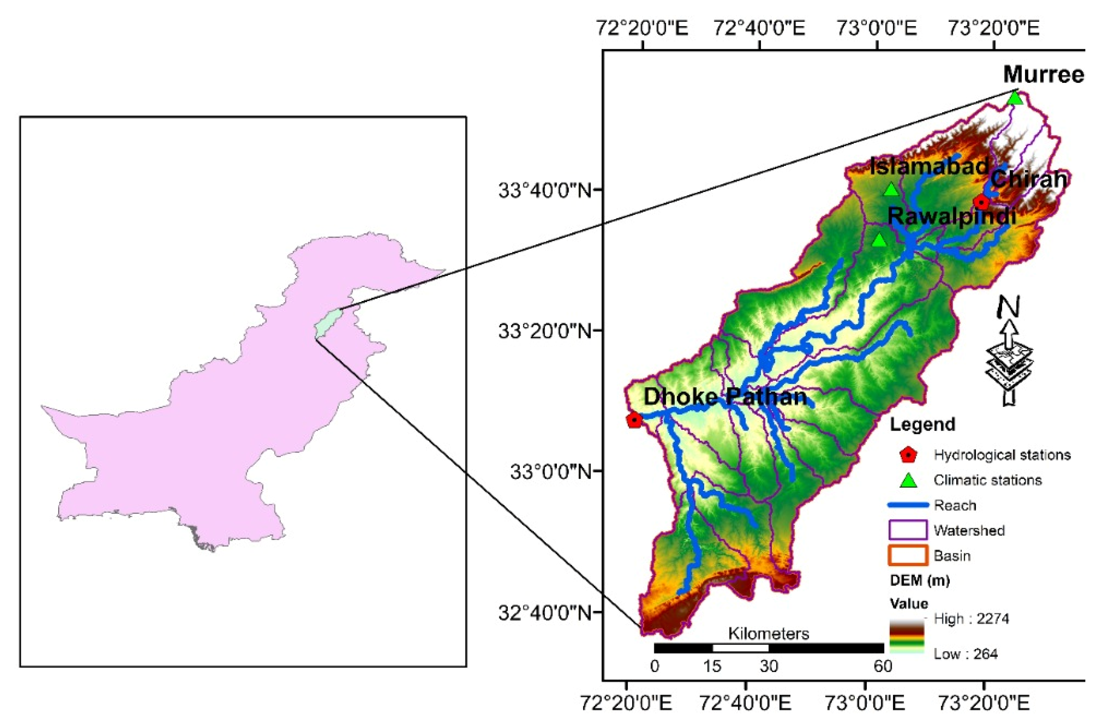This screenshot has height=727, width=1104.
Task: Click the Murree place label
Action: [1043, 75]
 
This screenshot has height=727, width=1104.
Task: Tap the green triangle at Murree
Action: [1015, 98]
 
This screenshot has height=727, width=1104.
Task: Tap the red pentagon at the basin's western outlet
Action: [634, 420]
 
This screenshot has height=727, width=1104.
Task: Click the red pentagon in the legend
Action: [908, 455]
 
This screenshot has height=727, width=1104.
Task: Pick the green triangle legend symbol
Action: [908, 480]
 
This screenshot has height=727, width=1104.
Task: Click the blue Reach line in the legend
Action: [908, 505]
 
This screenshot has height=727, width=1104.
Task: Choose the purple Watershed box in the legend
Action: [908, 530]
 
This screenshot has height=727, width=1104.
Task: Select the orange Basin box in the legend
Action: [908, 555]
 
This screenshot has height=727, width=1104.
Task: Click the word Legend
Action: [922, 425]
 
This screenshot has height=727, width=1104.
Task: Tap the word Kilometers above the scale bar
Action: [768, 634]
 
